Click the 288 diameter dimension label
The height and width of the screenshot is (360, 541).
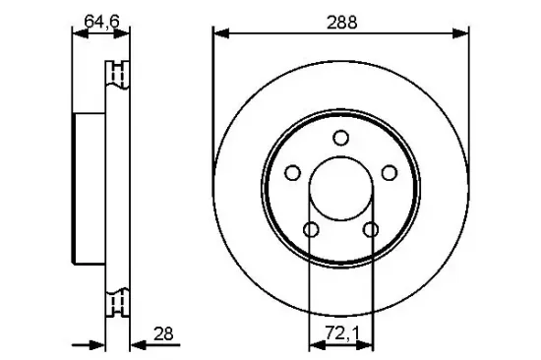(341, 20)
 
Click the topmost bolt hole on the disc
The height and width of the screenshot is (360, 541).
(340, 138)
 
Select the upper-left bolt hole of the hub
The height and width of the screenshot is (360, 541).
(292, 173)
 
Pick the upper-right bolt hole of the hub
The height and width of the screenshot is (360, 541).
(390, 173)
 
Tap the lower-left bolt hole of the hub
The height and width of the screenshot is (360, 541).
(311, 230)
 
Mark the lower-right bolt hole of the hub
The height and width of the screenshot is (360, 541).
(371, 230)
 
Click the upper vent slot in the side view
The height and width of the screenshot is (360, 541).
(118, 75)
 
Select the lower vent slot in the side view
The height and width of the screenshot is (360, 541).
(118, 302)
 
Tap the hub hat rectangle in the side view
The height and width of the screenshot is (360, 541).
(90, 190)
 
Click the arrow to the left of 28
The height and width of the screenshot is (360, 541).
(96, 344)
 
